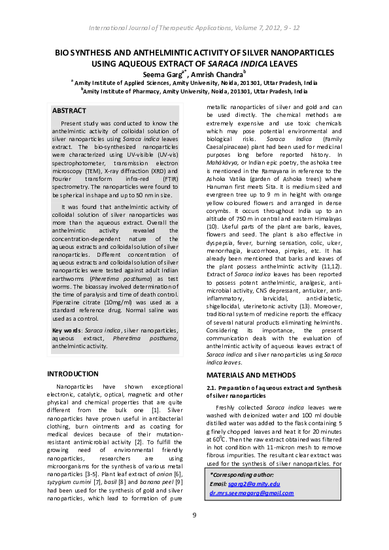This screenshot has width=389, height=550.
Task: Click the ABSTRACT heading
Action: tap(69, 111)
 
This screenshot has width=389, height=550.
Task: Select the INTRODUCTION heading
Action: tap(73, 374)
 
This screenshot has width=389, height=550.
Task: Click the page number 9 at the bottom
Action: tap(194, 516)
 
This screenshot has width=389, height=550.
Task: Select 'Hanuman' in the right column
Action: tap(221, 186)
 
